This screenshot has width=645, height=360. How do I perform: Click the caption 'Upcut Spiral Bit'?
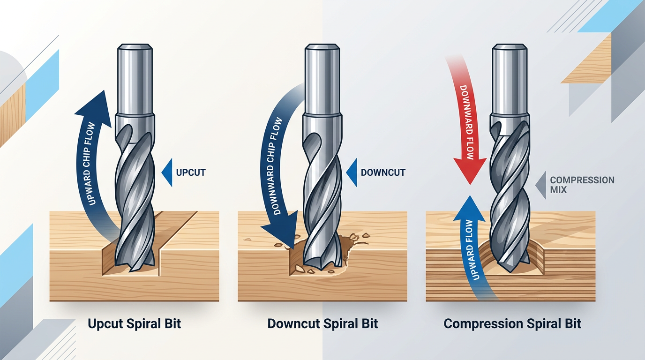tap(135, 323)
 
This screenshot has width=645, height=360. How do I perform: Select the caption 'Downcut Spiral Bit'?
tap(322, 323)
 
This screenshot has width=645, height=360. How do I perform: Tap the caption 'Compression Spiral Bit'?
tap(512, 323)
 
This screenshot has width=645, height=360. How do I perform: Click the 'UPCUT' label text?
tap(190, 172)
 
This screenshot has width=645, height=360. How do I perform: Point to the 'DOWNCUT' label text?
tap(383, 172)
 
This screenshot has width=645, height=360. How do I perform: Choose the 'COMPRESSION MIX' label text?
tap(582, 185)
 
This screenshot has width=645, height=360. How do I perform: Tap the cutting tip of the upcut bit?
tap(136, 270)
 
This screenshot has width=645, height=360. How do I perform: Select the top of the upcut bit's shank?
tap(135, 47)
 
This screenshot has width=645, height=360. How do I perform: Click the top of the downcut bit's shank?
tap(322, 47)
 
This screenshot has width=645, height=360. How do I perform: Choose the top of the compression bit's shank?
tap(510, 47)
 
